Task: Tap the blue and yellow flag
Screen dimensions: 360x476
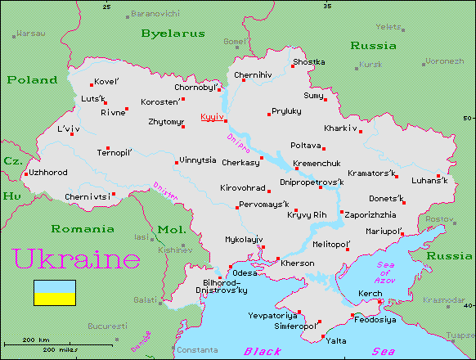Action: (x=54, y=292)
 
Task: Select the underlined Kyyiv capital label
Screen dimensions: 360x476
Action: (x=212, y=117)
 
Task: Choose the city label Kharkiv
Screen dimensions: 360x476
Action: (x=340, y=128)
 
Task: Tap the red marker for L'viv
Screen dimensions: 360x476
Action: (x=72, y=134)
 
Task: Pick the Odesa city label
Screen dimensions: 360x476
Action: (x=245, y=272)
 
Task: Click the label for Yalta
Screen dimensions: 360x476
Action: (x=336, y=340)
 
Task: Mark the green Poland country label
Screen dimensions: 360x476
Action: (x=32, y=80)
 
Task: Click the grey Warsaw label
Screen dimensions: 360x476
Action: (x=31, y=34)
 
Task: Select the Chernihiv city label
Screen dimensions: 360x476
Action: (x=252, y=75)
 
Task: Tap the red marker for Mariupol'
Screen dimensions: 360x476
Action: (x=402, y=233)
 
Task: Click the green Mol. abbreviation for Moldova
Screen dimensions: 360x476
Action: (x=172, y=229)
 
